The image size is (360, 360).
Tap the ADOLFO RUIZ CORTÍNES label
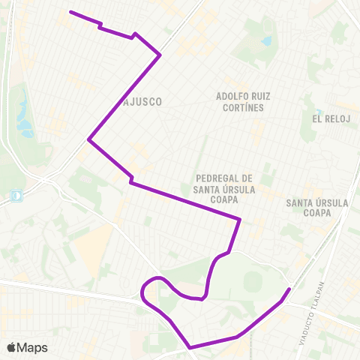click(243, 102)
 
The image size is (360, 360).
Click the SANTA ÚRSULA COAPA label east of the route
click(314, 208)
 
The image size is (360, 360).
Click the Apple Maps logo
click(27, 347)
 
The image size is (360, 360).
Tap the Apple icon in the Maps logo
click(11, 347)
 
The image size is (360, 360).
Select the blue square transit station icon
click(16, 196)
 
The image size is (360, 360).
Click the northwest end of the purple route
click(70, 12)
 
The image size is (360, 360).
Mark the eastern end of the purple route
click(289, 289)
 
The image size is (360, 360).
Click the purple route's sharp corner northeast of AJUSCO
click(160, 55)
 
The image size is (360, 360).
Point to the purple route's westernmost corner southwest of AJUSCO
click(89, 139)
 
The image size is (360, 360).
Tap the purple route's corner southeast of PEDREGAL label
click(239, 220)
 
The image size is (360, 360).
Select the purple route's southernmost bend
click(190, 347)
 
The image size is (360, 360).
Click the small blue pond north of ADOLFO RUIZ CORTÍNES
click(267, 40)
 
